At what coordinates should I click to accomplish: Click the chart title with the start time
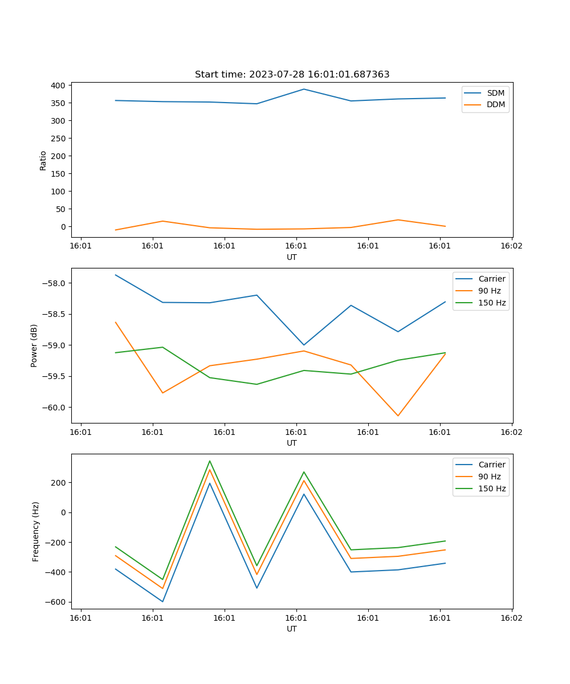coord(292,75)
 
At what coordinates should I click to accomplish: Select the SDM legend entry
coord(495,93)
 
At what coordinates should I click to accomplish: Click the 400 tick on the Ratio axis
coord(59,85)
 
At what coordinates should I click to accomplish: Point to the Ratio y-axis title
coord(43,160)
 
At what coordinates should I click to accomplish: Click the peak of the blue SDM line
coord(304,89)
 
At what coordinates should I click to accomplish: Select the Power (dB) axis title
coord(34,345)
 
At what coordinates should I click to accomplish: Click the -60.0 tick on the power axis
coord(55,408)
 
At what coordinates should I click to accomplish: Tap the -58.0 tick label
coord(55,284)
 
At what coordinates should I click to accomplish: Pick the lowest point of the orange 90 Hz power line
coord(398,416)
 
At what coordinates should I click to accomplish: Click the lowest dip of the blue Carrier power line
coord(304,345)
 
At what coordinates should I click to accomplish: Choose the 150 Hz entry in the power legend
coord(492,303)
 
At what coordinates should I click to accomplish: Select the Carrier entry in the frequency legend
coord(492,465)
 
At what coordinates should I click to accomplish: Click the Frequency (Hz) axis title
coord(36,531)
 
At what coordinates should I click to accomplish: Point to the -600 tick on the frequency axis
coord(57,602)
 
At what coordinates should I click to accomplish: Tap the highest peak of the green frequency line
coord(210,461)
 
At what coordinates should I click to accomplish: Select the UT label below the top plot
coord(292,257)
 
